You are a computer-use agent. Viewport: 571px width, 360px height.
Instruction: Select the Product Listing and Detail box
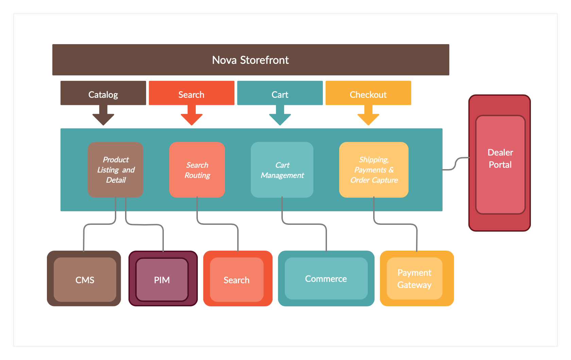(x=116, y=169)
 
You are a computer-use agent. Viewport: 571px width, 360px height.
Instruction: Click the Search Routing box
(x=197, y=169)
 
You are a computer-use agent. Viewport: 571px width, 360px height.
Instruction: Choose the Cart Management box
(x=282, y=169)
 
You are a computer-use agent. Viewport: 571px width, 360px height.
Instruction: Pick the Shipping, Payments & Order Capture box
(x=374, y=169)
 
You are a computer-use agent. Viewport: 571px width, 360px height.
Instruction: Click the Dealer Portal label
(x=500, y=159)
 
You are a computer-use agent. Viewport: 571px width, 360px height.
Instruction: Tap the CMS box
(x=85, y=280)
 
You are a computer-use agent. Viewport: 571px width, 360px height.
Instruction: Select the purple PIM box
(x=162, y=280)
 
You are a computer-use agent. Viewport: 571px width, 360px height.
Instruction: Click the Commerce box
(x=326, y=278)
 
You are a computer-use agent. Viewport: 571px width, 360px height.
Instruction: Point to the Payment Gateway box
(x=415, y=278)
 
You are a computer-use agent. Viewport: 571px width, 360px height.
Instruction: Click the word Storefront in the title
(x=264, y=60)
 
